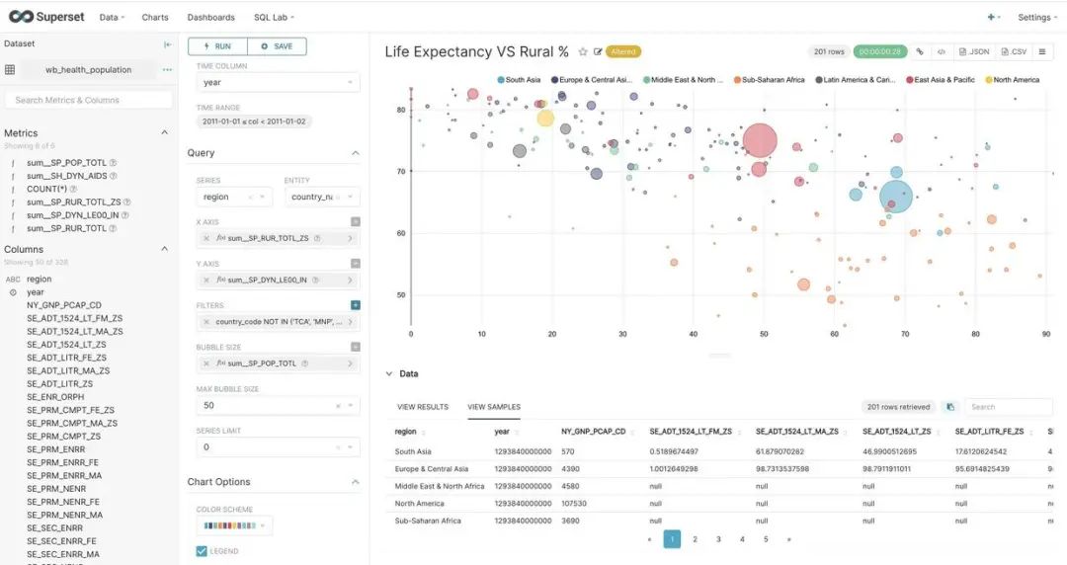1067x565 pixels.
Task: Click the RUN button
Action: pyautogui.click(x=217, y=46)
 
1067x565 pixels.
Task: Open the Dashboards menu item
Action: pyautogui.click(x=210, y=17)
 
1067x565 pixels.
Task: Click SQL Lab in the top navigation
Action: pyautogui.click(x=272, y=17)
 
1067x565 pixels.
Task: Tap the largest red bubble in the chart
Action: pyautogui.click(x=760, y=140)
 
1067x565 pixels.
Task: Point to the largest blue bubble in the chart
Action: pyautogui.click(x=896, y=196)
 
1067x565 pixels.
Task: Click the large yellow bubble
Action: pyautogui.click(x=545, y=119)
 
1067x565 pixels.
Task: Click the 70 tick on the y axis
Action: pyautogui.click(x=401, y=172)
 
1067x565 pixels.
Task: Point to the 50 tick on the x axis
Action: pyautogui.click(x=764, y=334)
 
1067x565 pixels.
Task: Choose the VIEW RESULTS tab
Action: pyautogui.click(x=423, y=407)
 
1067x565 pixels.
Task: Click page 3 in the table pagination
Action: pyautogui.click(x=718, y=539)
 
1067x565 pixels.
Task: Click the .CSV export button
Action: pyautogui.click(x=1015, y=51)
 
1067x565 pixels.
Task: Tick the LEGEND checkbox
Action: pyautogui.click(x=202, y=551)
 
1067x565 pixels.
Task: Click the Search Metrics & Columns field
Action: pyautogui.click(x=88, y=100)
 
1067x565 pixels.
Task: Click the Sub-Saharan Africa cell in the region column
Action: pyautogui.click(x=429, y=520)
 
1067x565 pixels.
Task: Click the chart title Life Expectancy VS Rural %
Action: pyautogui.click(x=476, y=51)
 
